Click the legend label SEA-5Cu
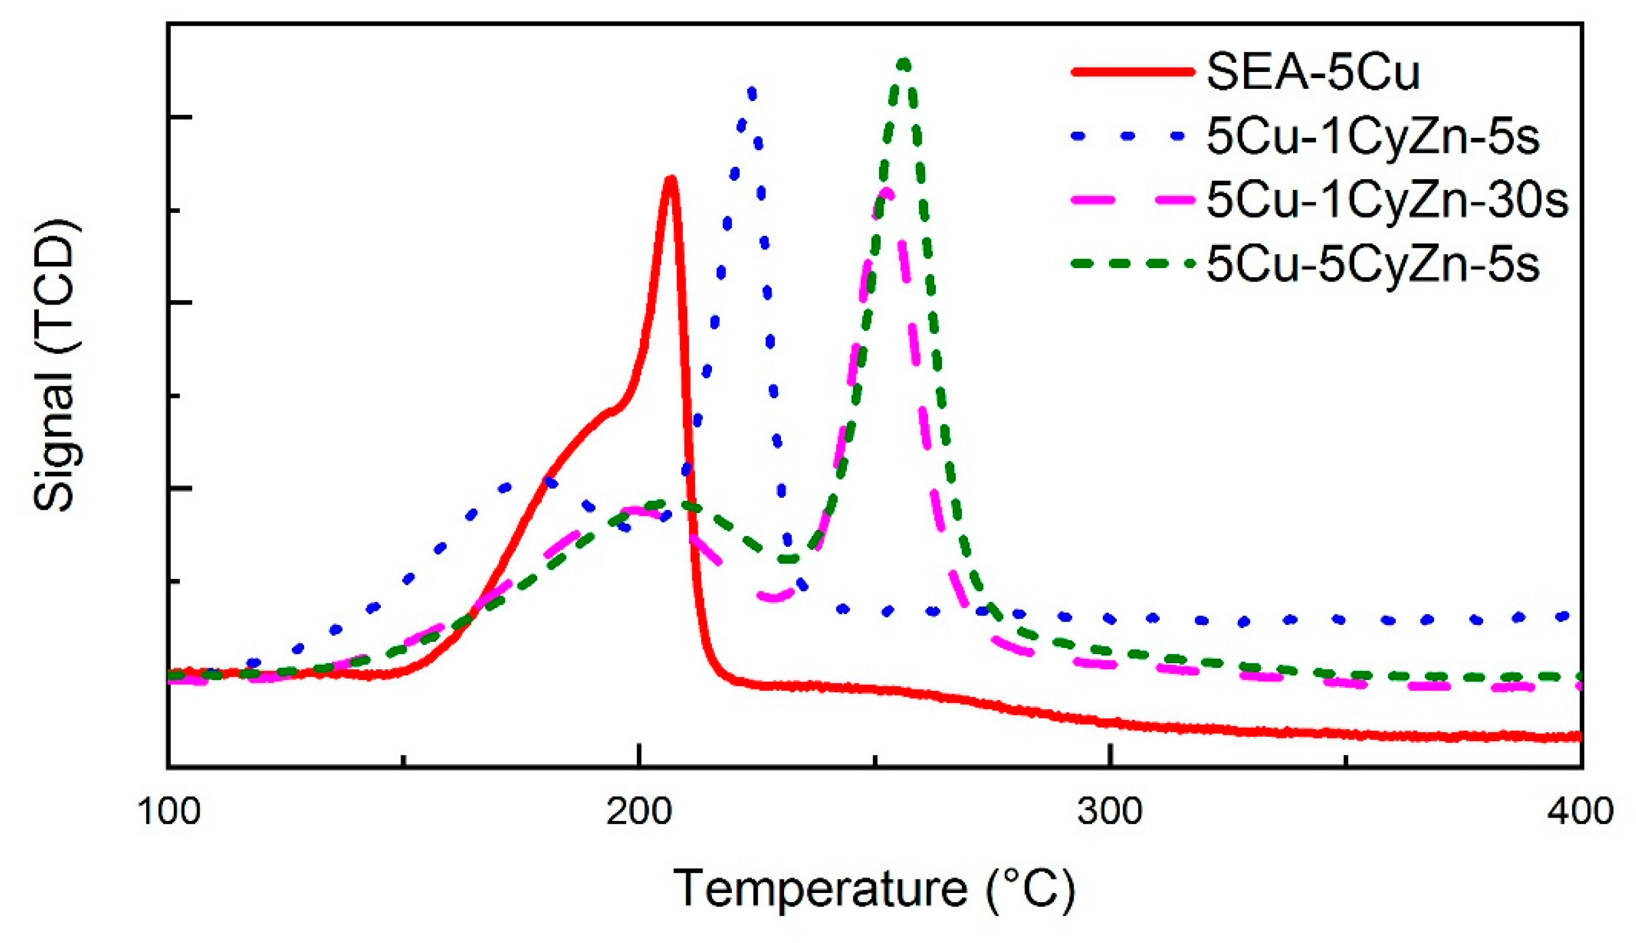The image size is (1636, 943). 1313,72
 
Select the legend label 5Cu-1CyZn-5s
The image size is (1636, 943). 1372,137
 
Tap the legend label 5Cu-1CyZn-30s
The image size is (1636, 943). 1386,200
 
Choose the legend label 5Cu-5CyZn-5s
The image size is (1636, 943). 1372,264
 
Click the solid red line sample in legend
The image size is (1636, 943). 1133,72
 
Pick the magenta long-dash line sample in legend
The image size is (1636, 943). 1133,200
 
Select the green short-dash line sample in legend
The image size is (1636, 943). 1133,264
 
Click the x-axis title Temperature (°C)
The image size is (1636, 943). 874,888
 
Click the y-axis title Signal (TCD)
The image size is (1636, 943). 55,366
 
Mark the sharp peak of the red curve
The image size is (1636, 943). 670,179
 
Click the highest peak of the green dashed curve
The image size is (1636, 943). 904,64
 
